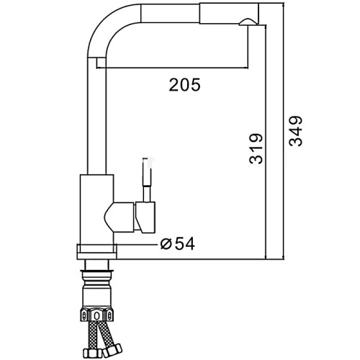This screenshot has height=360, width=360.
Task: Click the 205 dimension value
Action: point(184,85)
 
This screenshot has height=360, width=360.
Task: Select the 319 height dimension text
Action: point(256,149)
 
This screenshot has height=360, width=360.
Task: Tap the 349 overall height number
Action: point(295,131)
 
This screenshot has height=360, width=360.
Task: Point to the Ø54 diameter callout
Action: point(178,243)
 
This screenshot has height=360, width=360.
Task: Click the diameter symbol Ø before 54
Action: point(166,244)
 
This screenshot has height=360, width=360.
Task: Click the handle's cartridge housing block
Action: point(145,217)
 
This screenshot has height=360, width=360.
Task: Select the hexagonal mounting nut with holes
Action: point(96,315)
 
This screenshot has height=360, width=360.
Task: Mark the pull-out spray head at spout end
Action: point(229,14)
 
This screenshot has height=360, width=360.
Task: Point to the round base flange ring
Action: point(96,252)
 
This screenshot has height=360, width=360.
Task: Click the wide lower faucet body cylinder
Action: point(96,210)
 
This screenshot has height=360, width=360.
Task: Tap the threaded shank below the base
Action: point(96,265)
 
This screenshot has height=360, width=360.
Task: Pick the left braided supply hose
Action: point(94,336)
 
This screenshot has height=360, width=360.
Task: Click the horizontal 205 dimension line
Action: point(172,68)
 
